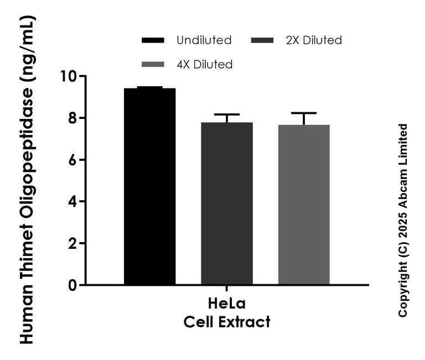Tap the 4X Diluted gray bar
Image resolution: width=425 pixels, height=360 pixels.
click(304, 205)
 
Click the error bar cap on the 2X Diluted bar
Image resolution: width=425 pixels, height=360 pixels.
click(227, 114)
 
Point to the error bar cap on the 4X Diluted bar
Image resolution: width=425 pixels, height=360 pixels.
click(304, 113)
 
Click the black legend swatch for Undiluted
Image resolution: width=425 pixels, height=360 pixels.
click(153, 40)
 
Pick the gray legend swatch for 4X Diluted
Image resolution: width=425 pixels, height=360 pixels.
click(153, 65)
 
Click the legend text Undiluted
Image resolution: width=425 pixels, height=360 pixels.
click(204, 40)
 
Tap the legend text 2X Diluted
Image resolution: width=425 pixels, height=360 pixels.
click(314, 40)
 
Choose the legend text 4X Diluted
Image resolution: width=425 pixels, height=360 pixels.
click(204, 65)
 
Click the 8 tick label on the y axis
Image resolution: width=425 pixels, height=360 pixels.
click(70, 118)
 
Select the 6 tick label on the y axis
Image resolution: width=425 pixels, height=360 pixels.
click(70, 160)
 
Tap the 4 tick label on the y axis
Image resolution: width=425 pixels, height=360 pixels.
click(70, 202)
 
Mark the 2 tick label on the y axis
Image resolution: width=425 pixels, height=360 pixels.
click(70, 243)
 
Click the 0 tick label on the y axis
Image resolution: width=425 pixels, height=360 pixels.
click(70, 285)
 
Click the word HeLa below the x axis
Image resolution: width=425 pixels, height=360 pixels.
click(227, 305)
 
